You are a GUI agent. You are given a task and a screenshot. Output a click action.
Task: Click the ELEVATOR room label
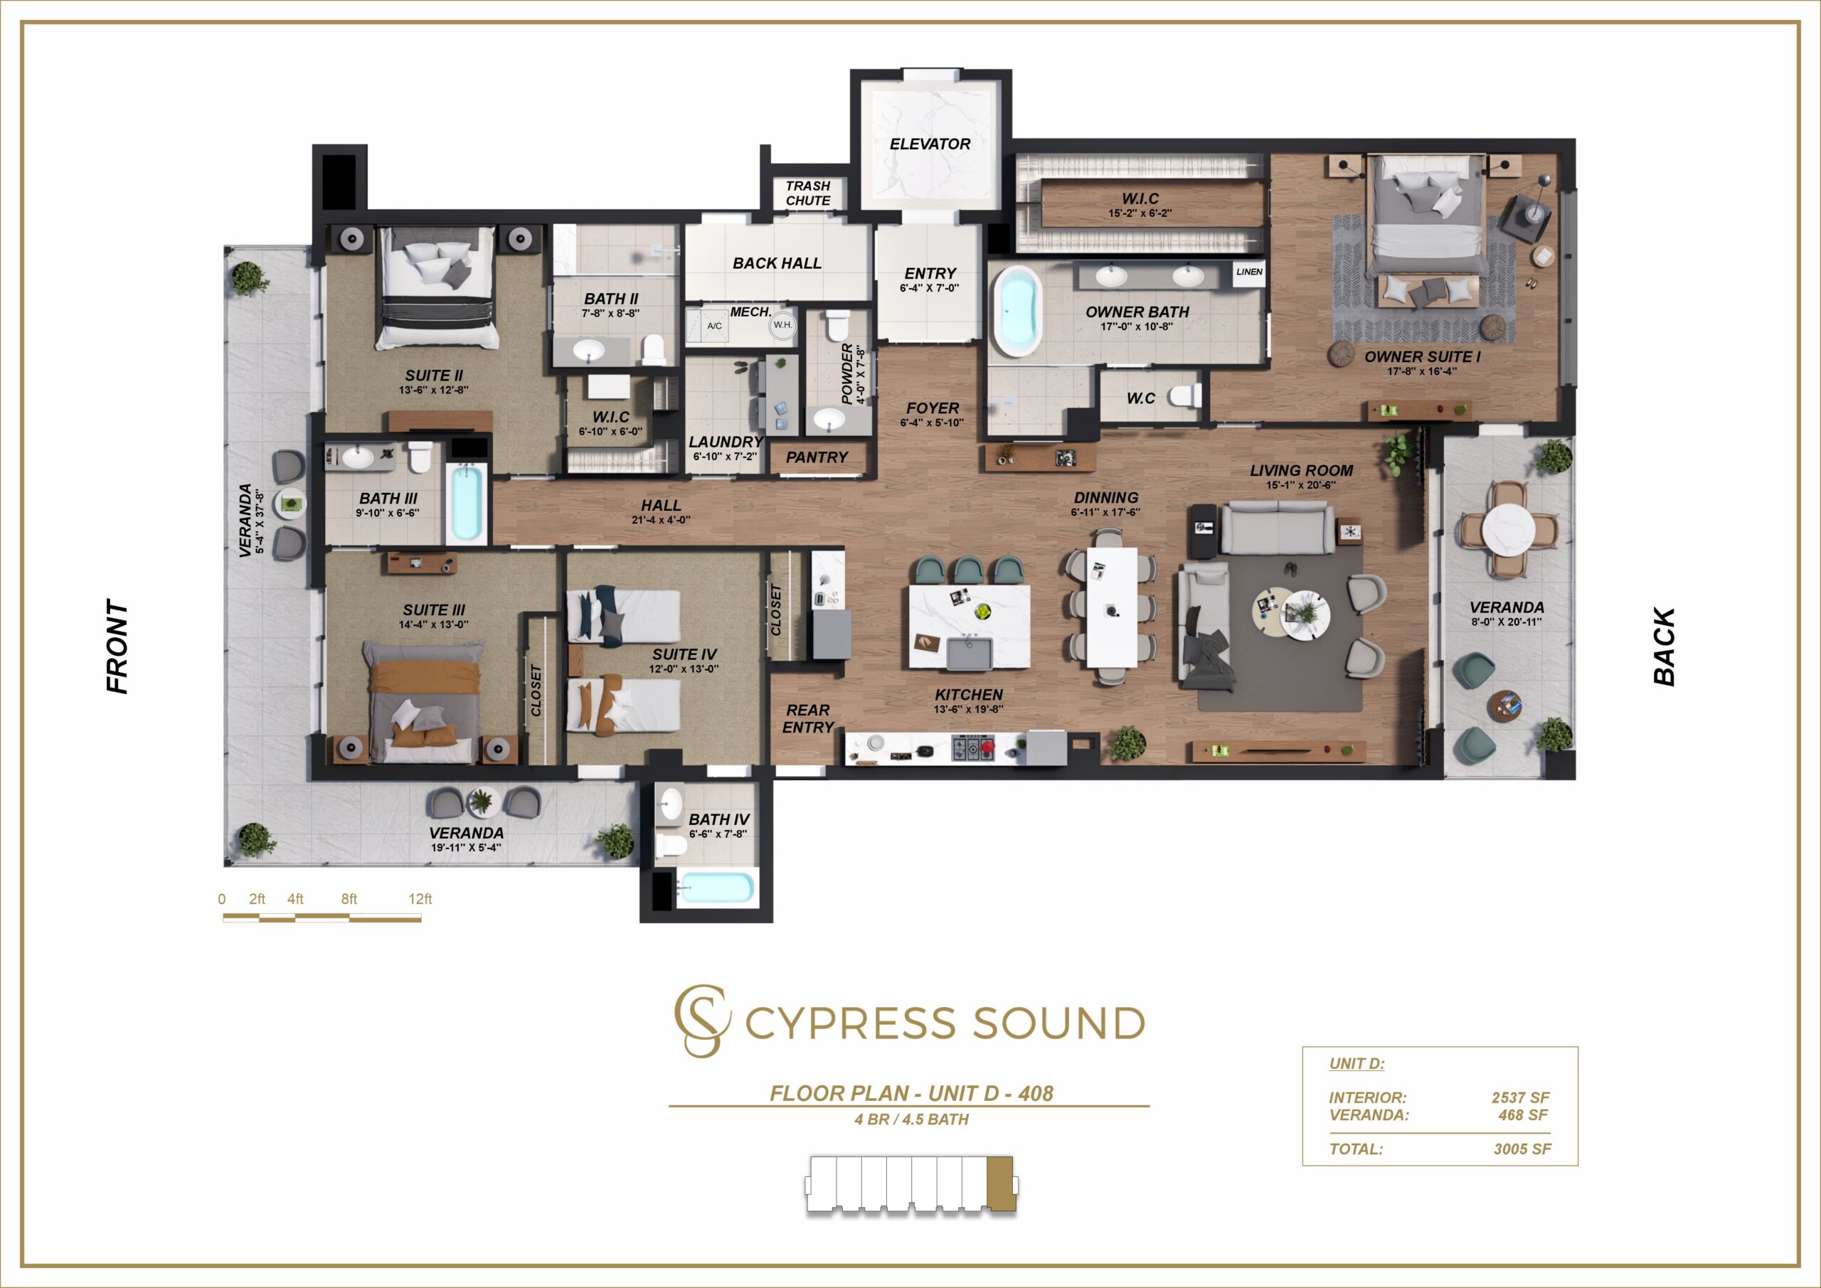coord(930,144)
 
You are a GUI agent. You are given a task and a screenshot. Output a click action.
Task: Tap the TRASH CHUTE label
coord(808,193)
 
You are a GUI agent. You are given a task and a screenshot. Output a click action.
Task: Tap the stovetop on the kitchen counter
coord(972,747)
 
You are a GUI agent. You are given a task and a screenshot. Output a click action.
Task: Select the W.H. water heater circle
coord(782,325)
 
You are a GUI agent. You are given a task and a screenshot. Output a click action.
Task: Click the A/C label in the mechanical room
coord(715,326)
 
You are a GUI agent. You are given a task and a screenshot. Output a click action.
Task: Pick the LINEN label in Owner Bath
coord(1249,272)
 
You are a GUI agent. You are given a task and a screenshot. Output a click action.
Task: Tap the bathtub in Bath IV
coord(716,888)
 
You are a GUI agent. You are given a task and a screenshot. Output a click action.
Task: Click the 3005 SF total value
coord(1522,1149)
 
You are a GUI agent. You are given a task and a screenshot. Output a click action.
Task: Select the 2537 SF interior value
coord(1520,1097)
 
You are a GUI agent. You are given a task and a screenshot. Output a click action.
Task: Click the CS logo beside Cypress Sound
coord(701,1021)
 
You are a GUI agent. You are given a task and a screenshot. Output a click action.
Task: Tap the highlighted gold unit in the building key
coord(1000,1185)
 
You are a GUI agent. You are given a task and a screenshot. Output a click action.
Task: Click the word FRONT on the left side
coord(117,646)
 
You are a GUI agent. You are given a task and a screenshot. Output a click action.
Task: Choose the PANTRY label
coord(817,457)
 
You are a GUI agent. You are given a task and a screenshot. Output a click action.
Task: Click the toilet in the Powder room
coord(837,325)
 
